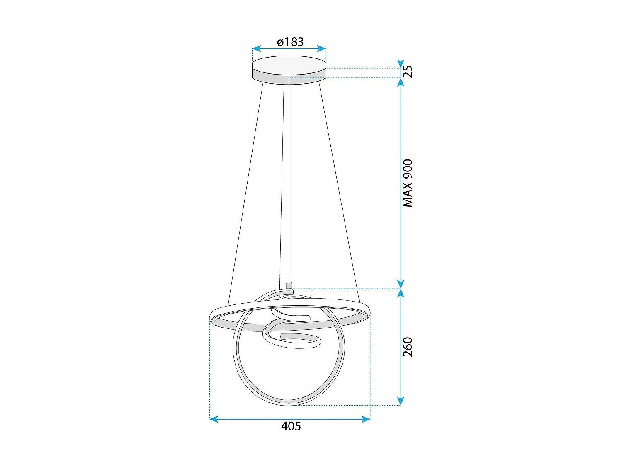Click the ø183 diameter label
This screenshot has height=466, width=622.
point(290,42)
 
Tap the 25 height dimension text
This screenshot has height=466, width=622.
point(408,71)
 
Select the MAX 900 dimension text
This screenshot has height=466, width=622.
point(408,183)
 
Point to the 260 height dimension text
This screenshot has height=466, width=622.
point(408,347)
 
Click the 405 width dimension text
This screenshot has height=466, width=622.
point(291,426)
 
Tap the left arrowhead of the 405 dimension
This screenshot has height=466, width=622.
point(214,419)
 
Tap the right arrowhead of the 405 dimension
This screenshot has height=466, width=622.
point(366,419)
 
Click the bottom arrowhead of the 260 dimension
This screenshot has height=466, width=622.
point(401,401)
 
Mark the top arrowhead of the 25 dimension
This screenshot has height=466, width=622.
point(401,63)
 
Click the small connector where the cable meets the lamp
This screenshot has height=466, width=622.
point(289,286)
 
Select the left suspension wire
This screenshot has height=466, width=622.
point(246,191)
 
